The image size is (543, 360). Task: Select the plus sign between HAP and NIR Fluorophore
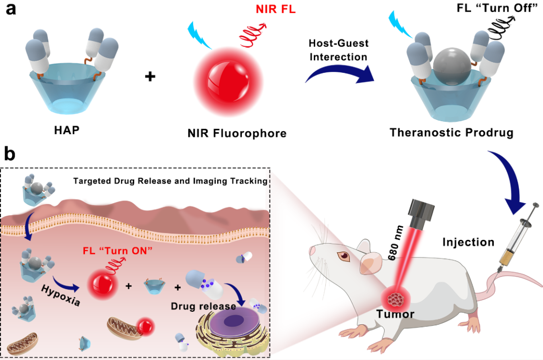click(x=150, y=77)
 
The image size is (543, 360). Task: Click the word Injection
click(x=468, y=242)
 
